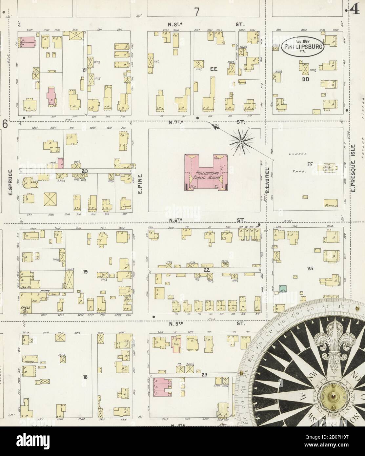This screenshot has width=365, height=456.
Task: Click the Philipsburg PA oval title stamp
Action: pos(303,46)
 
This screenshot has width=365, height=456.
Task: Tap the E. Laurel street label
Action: pos(267,180)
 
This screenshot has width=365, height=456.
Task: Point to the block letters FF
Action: pos(309,163)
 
